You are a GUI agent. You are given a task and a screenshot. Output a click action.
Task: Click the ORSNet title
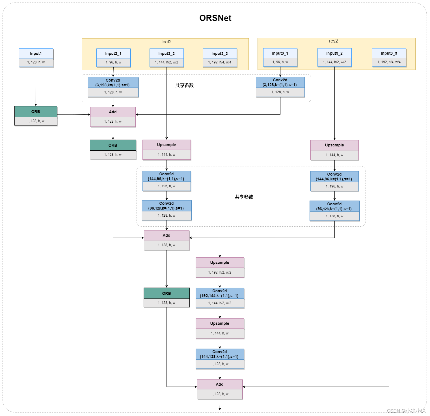pos(215,18)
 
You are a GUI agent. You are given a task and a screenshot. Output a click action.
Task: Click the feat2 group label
pos(166,42)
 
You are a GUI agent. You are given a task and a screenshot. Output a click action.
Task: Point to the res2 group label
pos(333,41)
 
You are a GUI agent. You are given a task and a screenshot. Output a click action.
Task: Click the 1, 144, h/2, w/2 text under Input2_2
pos(167,62)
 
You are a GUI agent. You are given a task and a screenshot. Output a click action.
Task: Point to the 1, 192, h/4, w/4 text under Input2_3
pos(220,62)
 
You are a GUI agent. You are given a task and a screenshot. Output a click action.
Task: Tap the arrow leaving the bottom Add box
pos(220,405)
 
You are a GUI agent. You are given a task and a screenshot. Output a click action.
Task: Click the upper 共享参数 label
pos(185,86)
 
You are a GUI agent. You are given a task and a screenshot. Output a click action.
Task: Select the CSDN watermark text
pos(406,411)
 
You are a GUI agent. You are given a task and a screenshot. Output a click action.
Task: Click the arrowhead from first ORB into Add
pos(89,115)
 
